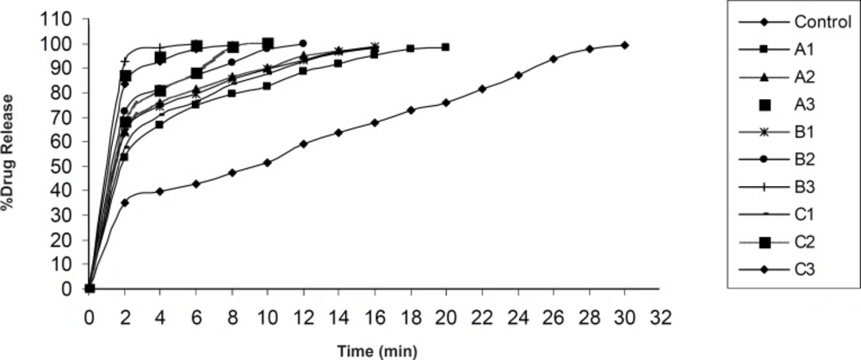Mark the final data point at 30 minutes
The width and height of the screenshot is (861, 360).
(x=624, y=45)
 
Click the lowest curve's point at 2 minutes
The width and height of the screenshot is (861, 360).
(x=125, y=202)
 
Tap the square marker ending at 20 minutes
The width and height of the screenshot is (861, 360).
(x=445, y=47)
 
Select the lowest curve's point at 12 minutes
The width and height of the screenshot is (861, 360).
(x=303, y=144)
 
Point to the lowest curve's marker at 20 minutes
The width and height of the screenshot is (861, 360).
(x=445, y=102)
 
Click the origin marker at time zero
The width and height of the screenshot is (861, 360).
(x=90, y=289)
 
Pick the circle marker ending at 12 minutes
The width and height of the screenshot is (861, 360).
(x=302, y=43)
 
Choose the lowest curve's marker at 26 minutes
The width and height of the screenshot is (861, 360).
(x=553, y=59)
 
